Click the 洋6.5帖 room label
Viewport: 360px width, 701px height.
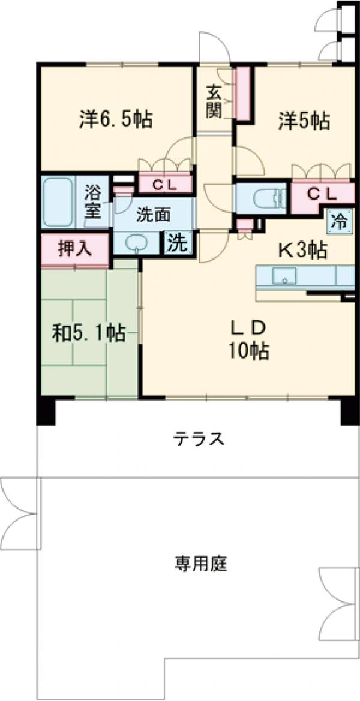click(x=115, y=119)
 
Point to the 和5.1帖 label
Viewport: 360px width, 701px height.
click(x=88, y=332)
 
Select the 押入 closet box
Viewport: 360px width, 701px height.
click(x=74, y=249)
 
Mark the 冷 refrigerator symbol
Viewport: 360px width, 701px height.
click(x=339, y=221)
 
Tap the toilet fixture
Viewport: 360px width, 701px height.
click(x=263, y=198)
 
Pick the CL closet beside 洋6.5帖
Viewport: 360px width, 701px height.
click(x=164, y=184)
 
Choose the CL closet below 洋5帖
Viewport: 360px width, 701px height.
click(x=322, y=194)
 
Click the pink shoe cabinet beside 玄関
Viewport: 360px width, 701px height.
click(x=244, y=92)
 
